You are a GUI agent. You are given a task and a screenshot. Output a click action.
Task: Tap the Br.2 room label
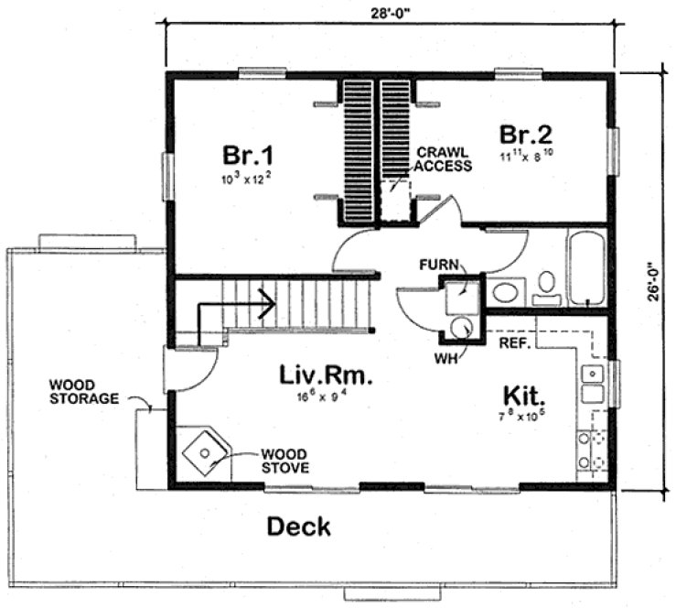click(x=523, y=134)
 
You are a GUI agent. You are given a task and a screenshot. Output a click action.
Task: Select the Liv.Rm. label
click(x=317, y=375)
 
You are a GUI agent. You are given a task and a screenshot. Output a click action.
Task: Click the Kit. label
click(x=524, y=396)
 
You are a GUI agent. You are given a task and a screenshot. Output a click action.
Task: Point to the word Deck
click(x=298, y=527)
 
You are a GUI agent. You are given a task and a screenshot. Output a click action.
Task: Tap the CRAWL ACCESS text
click(x=444, y=159)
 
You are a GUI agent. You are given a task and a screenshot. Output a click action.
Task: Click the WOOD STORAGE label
click(x=84, y=392)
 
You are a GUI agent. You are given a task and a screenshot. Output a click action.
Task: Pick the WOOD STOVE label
click(x=284, y=460)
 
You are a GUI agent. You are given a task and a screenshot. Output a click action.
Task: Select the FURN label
click(x=437, y=265)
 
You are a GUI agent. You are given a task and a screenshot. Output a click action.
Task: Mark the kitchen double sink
click(x=592, y=384)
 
